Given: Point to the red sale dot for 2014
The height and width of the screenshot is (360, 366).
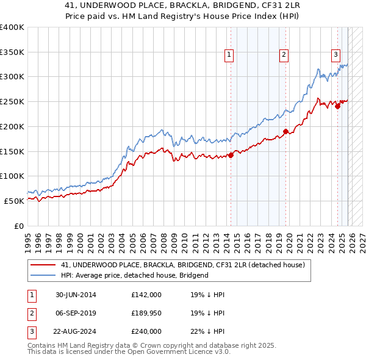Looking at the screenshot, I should [x=231, y=155].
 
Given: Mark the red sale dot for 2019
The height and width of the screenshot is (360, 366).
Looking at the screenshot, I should [x=285, y=131].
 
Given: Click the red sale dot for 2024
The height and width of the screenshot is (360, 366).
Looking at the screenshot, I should [x=337, y=106].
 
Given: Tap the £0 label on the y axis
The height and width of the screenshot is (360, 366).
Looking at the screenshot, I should [x=18, y=226].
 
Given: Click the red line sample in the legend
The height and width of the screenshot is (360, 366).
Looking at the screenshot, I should [x=43, y=265].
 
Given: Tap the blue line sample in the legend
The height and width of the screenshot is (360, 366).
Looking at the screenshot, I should [x=43, y=275].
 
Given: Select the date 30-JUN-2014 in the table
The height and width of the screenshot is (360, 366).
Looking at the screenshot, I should [x=76, y=295].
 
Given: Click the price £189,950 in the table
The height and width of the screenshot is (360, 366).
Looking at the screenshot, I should [x=146, y=313].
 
